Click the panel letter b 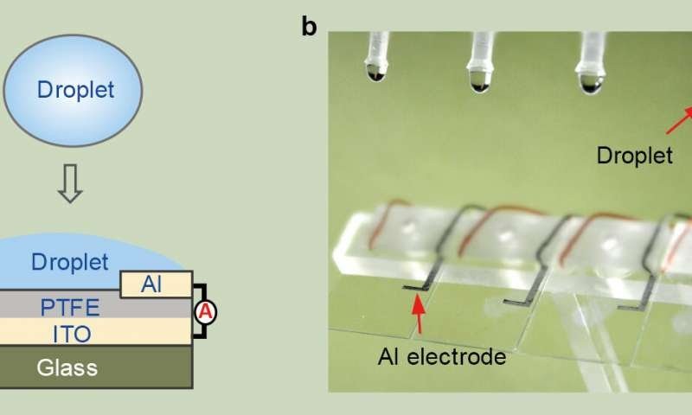coord(309,27)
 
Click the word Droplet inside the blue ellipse coord(75,90)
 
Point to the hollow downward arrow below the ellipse coord(70,183)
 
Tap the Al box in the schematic coord(157,284)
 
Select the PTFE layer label coord(70,308)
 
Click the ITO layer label coord(72,335)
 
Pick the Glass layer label coord(67,367)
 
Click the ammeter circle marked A coord(205,312)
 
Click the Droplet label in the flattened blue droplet coord(70,262)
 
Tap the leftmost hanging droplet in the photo coord(376,73)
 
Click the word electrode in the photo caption coord(457,357)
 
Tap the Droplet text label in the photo coord(635,156)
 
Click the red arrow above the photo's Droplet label coord(679,120)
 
